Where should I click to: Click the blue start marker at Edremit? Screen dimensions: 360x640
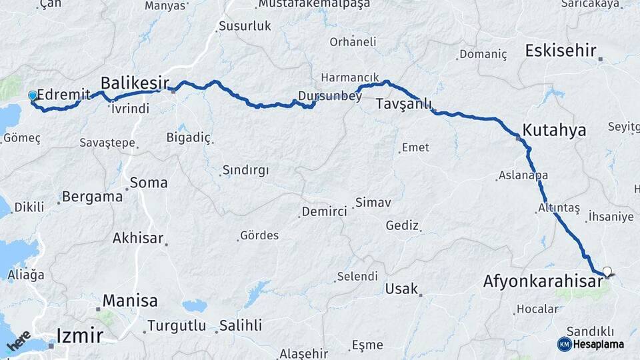point(32,96)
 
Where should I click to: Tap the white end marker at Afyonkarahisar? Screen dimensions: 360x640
point(607,271)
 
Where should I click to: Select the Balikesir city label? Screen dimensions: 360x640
point(132,83)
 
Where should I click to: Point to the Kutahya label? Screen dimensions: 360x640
point(554,130)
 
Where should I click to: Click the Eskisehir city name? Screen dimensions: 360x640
point(561,51)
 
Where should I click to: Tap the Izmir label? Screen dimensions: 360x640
point(79,335)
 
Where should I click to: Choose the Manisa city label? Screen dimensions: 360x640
point(130,301)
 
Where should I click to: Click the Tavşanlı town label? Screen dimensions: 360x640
point(404,105)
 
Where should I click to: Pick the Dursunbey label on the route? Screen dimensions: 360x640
point(330,96)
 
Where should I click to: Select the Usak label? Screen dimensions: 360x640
point(401,289)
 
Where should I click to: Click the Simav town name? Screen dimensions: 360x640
point(373,202)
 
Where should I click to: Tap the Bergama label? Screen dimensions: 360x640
point(93,197)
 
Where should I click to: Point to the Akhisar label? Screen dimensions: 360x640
point(139,238)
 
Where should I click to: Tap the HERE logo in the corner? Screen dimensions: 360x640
point(18,341)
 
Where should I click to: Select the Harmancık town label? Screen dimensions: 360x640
point(350,77)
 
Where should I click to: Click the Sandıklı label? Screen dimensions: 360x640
point(589,331)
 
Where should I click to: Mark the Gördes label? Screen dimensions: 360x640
point(260,235)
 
